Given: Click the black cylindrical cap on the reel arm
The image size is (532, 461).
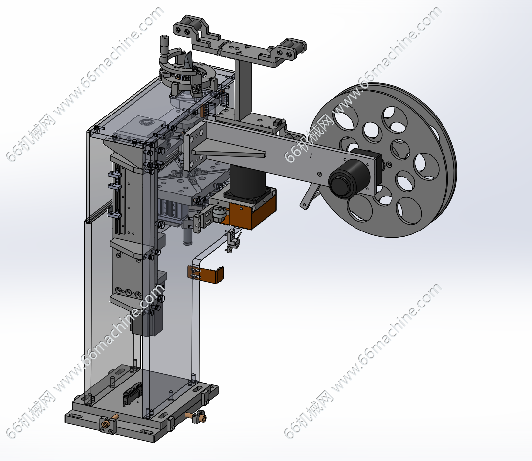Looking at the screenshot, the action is pyautogui.click(x=350, y=179).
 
